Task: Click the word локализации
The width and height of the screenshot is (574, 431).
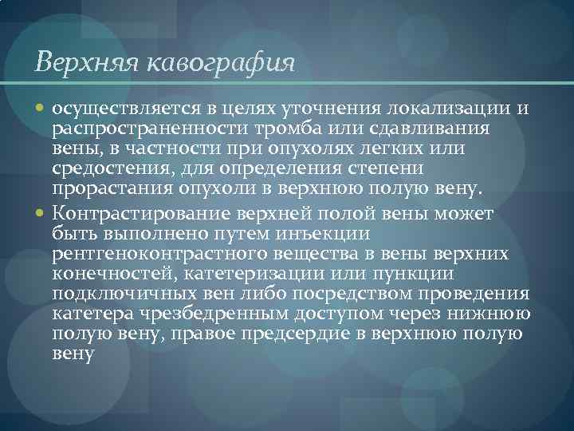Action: [446, 109]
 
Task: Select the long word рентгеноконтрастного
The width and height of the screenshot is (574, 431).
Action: [159, 254]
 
